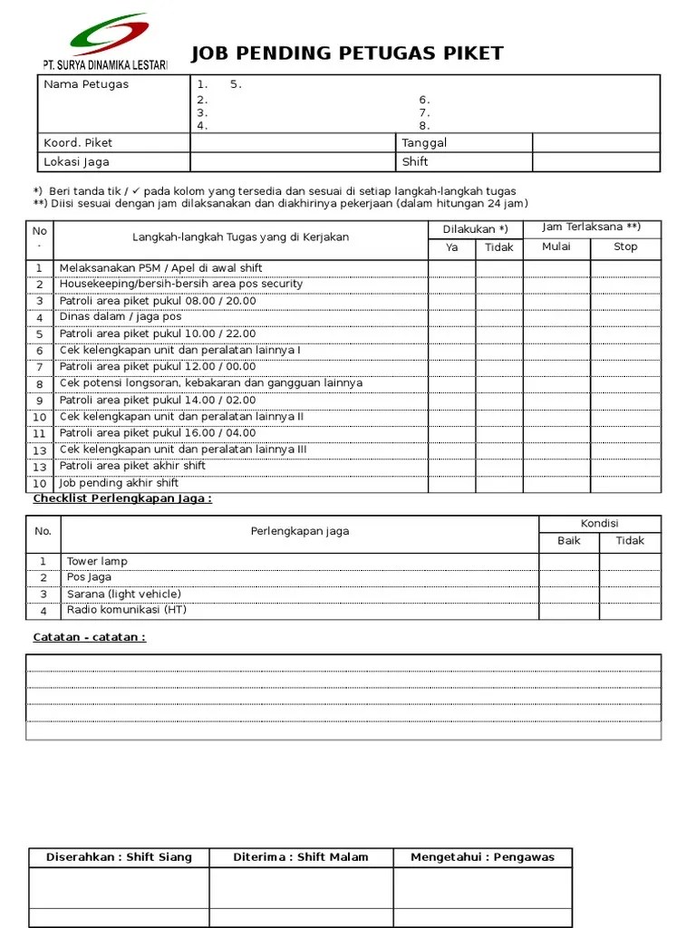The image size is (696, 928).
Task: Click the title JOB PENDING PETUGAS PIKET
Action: pos(347,53)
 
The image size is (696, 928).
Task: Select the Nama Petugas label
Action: pos(86,84)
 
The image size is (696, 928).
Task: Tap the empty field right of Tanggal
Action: pos(595,143)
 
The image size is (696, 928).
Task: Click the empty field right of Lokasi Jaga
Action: pos(293,162)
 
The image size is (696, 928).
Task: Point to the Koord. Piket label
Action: pos(78,143)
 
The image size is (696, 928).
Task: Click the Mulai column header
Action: pos(556,246)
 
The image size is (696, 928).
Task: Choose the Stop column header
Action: pos(625,246)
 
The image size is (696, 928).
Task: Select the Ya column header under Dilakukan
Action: pos(451,247)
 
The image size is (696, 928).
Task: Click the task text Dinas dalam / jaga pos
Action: pos(121,317)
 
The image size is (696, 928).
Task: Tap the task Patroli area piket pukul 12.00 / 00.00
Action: pos(158,367)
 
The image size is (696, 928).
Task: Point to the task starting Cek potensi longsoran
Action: pos(210,383)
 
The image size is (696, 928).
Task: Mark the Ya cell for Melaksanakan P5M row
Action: pos(451,268)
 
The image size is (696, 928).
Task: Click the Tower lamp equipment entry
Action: pos(97,561)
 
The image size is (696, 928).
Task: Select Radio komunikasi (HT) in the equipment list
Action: pos(126,610)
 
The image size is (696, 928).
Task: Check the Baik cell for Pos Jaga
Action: pos(569,577)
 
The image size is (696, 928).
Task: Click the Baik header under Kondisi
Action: pos(569,541)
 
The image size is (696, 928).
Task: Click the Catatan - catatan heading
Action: pos(89,637)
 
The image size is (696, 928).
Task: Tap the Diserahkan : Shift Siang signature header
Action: pos(119,857)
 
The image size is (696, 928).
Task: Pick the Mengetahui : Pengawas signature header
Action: pos(482,857)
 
